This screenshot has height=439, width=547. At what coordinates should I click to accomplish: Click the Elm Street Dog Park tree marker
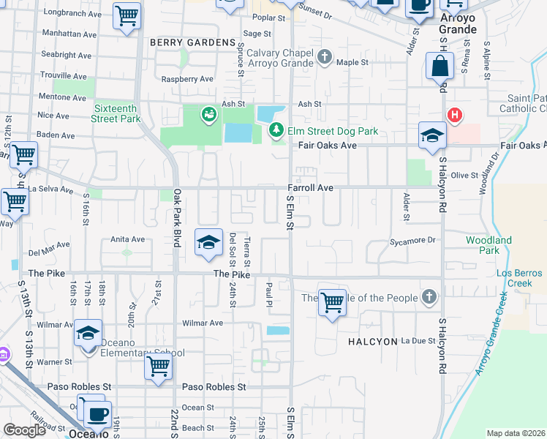coord(276,130)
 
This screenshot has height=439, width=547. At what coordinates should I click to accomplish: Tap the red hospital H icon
coord(455,116)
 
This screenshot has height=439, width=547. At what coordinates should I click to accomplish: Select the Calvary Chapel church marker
coord(325,56)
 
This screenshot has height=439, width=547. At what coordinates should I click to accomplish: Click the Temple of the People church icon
coord(429,297)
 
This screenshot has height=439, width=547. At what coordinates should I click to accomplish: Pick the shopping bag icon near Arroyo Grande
coord(440,66)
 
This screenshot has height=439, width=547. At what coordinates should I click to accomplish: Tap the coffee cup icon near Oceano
coord(97,414)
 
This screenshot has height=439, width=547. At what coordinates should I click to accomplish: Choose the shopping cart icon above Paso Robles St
coord(158,365)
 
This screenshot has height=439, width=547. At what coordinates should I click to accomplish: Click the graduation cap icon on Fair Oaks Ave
coord(432,136)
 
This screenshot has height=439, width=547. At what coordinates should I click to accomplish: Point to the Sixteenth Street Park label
coord(116,113)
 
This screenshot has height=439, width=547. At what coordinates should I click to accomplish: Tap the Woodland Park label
coord(489,245)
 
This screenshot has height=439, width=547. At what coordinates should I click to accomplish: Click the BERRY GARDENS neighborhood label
coord(192,42)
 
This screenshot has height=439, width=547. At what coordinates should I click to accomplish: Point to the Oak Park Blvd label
coord(176,218)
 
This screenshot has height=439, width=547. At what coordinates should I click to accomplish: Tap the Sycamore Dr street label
coord(412,240)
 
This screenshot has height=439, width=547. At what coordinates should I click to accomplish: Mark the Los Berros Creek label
coord(519,278)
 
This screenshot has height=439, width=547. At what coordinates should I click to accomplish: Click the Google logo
coord(24,430)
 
